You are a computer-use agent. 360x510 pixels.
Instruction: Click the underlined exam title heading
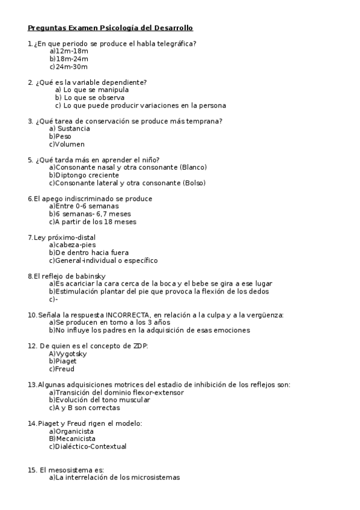tap(110, 28)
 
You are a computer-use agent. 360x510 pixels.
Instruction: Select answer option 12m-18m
tap(69, 51)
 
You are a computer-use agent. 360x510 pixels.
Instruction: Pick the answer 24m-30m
tap(69, 67)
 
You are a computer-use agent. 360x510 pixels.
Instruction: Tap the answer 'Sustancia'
tap(70, 129)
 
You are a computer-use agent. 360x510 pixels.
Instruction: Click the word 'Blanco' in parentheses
tap(192, 167)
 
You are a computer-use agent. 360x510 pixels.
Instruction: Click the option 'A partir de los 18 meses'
tap(93, 222)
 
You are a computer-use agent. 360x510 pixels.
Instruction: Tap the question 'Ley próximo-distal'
tap(61, 238)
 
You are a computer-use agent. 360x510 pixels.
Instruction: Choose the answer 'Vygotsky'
tap(68, 354)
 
